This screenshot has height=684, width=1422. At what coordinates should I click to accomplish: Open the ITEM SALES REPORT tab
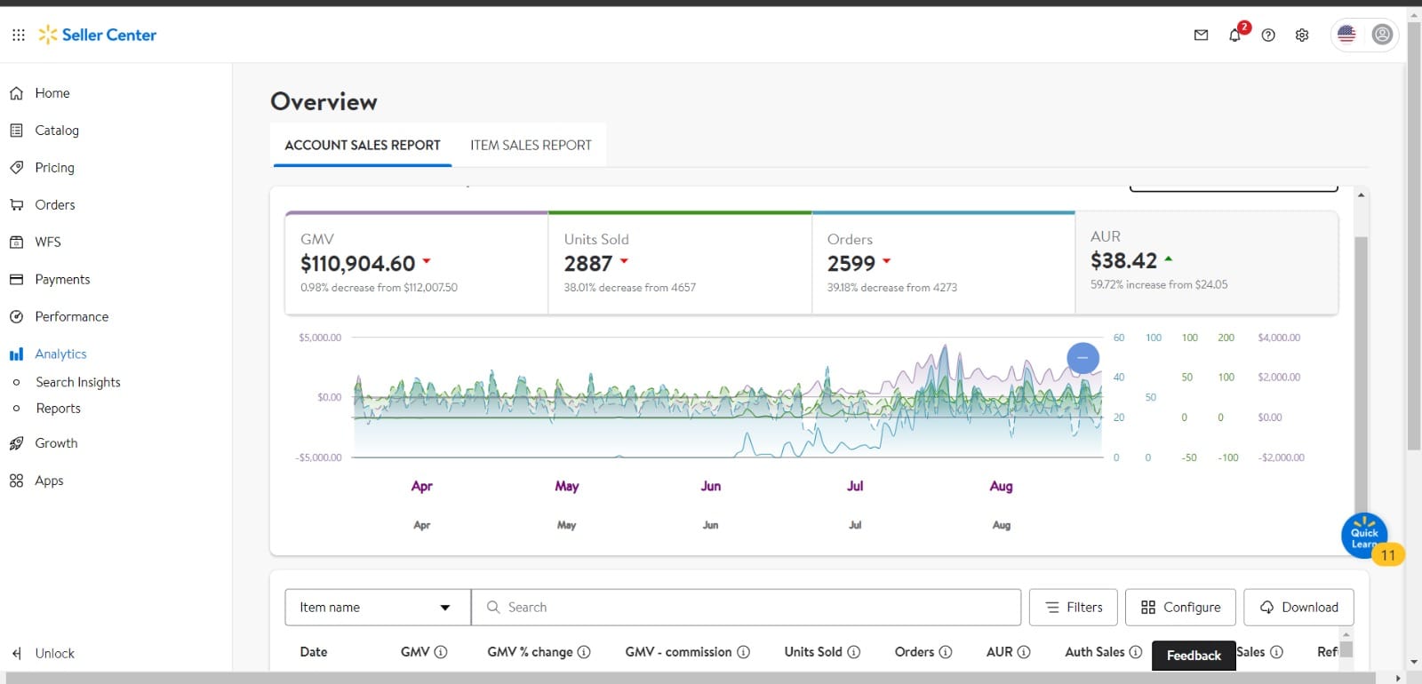click(531, 146)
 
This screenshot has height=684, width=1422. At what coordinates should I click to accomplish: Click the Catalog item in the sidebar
click(57, 130)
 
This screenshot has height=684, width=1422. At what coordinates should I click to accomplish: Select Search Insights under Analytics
click(78, 382)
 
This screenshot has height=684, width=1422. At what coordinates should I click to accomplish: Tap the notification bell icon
click(1234, 35)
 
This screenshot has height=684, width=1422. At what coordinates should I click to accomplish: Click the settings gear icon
click(1302, 35)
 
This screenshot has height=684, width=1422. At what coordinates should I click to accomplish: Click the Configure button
click(1180, 608)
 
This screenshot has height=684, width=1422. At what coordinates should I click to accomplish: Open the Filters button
click(1073, 608)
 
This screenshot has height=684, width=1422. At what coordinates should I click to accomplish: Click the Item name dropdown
click(378, 608)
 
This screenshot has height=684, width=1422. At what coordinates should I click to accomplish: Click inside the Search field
click(746, 608)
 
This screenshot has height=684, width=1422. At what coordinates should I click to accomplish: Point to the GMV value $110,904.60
click(357, 263)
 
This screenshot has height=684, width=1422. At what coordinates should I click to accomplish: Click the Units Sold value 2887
click(587, 263)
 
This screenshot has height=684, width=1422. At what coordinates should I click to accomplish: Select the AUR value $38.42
click(1123, 261)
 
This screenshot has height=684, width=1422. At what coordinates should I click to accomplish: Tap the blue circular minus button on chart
click(1082, 358)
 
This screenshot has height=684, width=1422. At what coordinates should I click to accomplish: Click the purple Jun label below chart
click(710, 486)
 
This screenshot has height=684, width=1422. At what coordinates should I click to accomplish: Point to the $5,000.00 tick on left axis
click(320, 338)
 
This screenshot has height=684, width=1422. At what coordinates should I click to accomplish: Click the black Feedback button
click(1194, 656)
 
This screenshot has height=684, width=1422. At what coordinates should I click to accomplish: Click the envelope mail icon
click(1201, 35)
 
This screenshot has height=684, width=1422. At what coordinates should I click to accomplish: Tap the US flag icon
click(1346, 35)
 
